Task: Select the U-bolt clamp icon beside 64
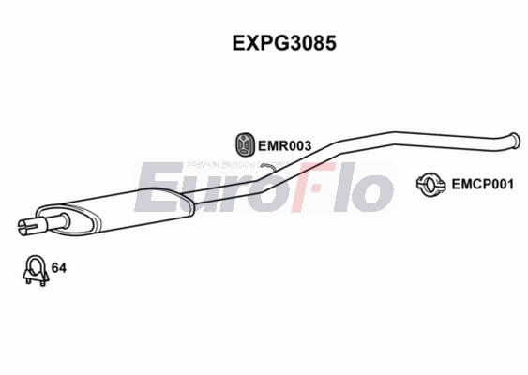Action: pos(35,270)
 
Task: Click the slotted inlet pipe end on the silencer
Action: pos(26,225)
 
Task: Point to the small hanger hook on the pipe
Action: pos(267,165)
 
